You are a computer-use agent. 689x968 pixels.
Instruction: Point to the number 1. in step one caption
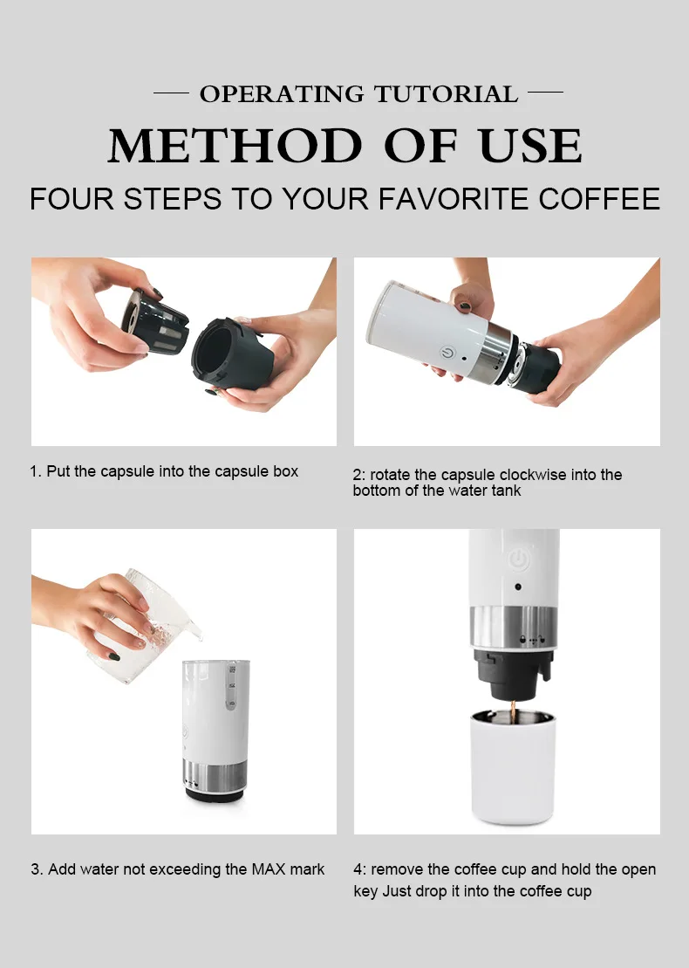(36, 471)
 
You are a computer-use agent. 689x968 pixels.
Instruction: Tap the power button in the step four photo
(518, 558)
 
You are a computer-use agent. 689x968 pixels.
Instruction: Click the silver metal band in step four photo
(513, 628)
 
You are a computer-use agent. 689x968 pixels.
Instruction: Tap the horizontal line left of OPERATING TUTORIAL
(171, 92)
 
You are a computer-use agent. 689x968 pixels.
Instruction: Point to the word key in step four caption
(365, 891)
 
